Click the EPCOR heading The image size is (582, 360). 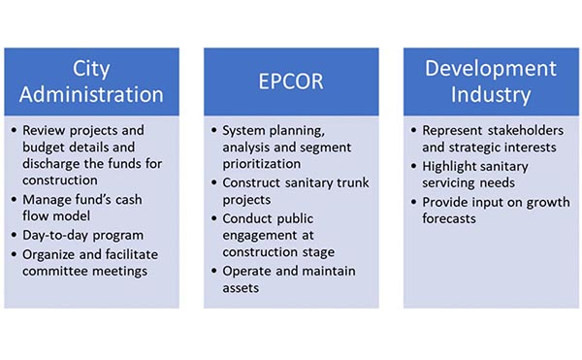[290, 82]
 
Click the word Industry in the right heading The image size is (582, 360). [490, 95]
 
